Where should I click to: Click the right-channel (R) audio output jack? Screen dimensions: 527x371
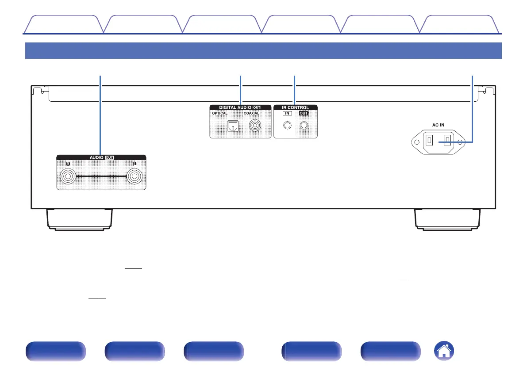tap(69, 177)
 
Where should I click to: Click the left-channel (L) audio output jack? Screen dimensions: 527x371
tap(135, 177)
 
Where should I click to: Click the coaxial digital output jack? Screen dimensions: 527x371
tap(254, 126)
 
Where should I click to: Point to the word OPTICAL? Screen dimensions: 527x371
tap(219, 114)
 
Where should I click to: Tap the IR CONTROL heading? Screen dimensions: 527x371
tap(296, 107)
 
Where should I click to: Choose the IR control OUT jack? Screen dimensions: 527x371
tap(304, 126)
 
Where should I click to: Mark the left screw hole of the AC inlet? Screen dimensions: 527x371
tap(416, 142)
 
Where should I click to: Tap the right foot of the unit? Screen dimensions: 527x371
tap(448, 218)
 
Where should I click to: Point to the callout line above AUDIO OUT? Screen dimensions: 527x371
tap(101, 115)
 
